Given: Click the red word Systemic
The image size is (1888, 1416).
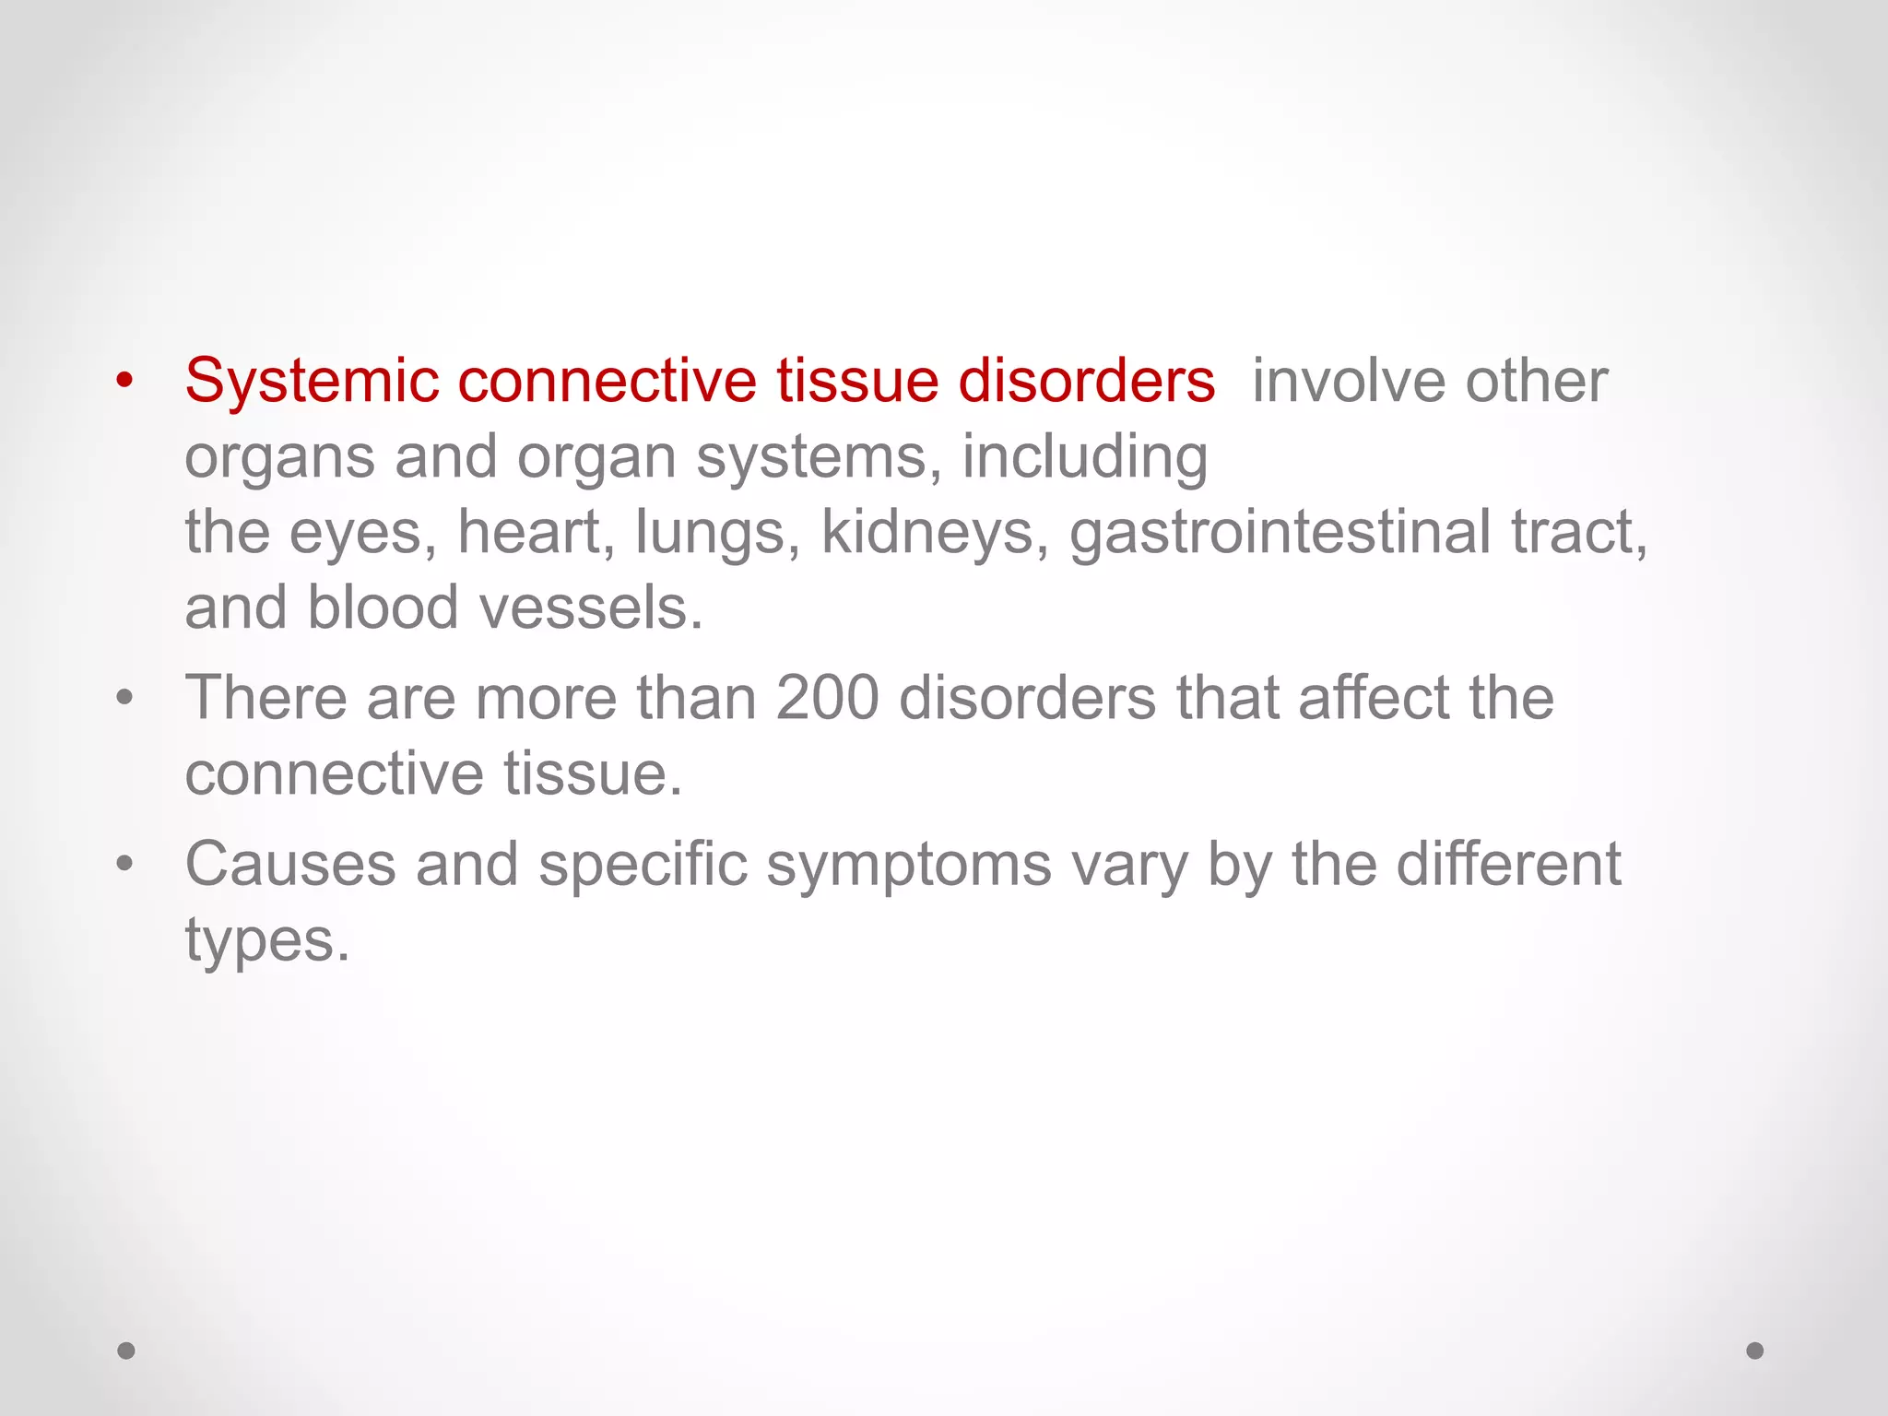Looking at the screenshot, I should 312,382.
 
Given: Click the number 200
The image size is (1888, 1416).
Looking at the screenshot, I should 827,698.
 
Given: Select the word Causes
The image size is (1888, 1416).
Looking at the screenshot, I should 289,866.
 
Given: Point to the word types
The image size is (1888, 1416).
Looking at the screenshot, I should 266,941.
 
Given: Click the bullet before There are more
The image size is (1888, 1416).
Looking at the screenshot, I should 125,698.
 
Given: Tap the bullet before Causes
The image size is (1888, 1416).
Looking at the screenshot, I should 125,865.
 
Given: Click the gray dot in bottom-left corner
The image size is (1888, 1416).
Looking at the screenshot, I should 126,1351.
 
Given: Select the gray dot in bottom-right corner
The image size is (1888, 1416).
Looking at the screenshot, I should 1755,1351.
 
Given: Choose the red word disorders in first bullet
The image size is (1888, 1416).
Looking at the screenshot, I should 1086,382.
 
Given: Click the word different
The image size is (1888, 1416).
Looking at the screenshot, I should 1508,866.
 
